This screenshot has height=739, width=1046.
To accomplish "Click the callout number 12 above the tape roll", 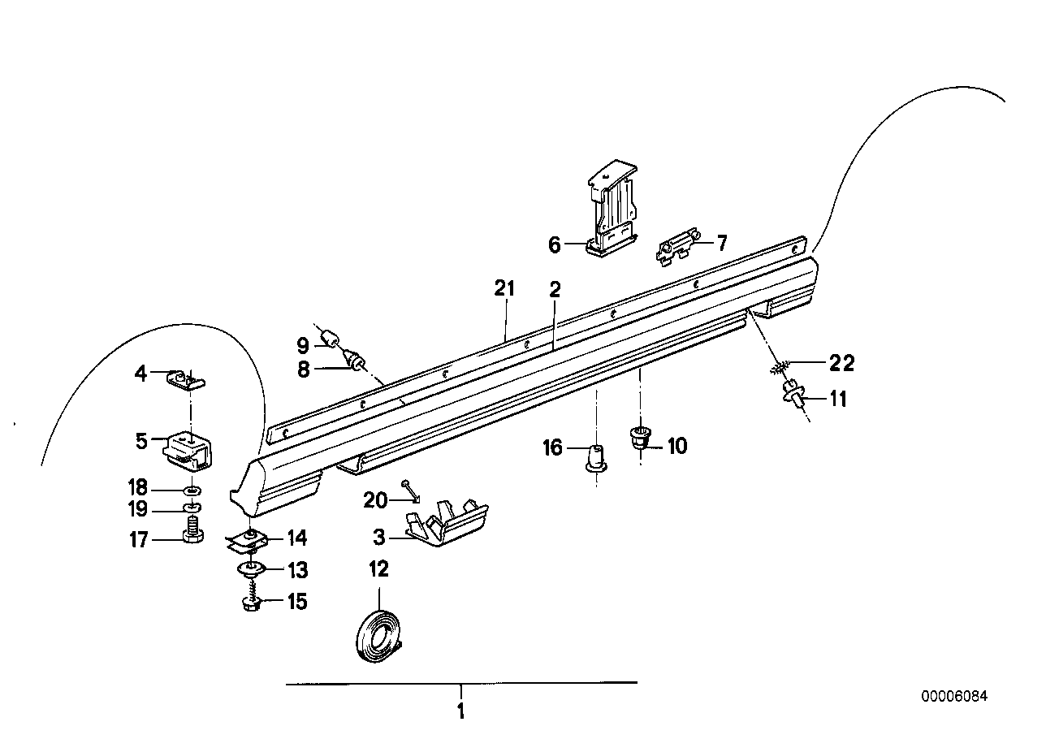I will click(x=378, y=569).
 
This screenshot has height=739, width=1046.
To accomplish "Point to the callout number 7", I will click(x=721, y=242).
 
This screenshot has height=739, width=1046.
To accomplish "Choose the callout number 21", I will click(x=505, y=287).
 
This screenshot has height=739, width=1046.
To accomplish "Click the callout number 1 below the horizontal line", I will click(x=460, y=712).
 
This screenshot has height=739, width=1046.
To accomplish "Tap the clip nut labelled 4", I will click(x=187, y=378).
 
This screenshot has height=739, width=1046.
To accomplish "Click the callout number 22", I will click(x=841, y=363).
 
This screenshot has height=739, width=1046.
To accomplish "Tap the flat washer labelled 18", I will click(x=192, y=491).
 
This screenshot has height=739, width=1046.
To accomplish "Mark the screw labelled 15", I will click(x=251, y=603).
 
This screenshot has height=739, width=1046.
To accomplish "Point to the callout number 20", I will click(x=375, y=501).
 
